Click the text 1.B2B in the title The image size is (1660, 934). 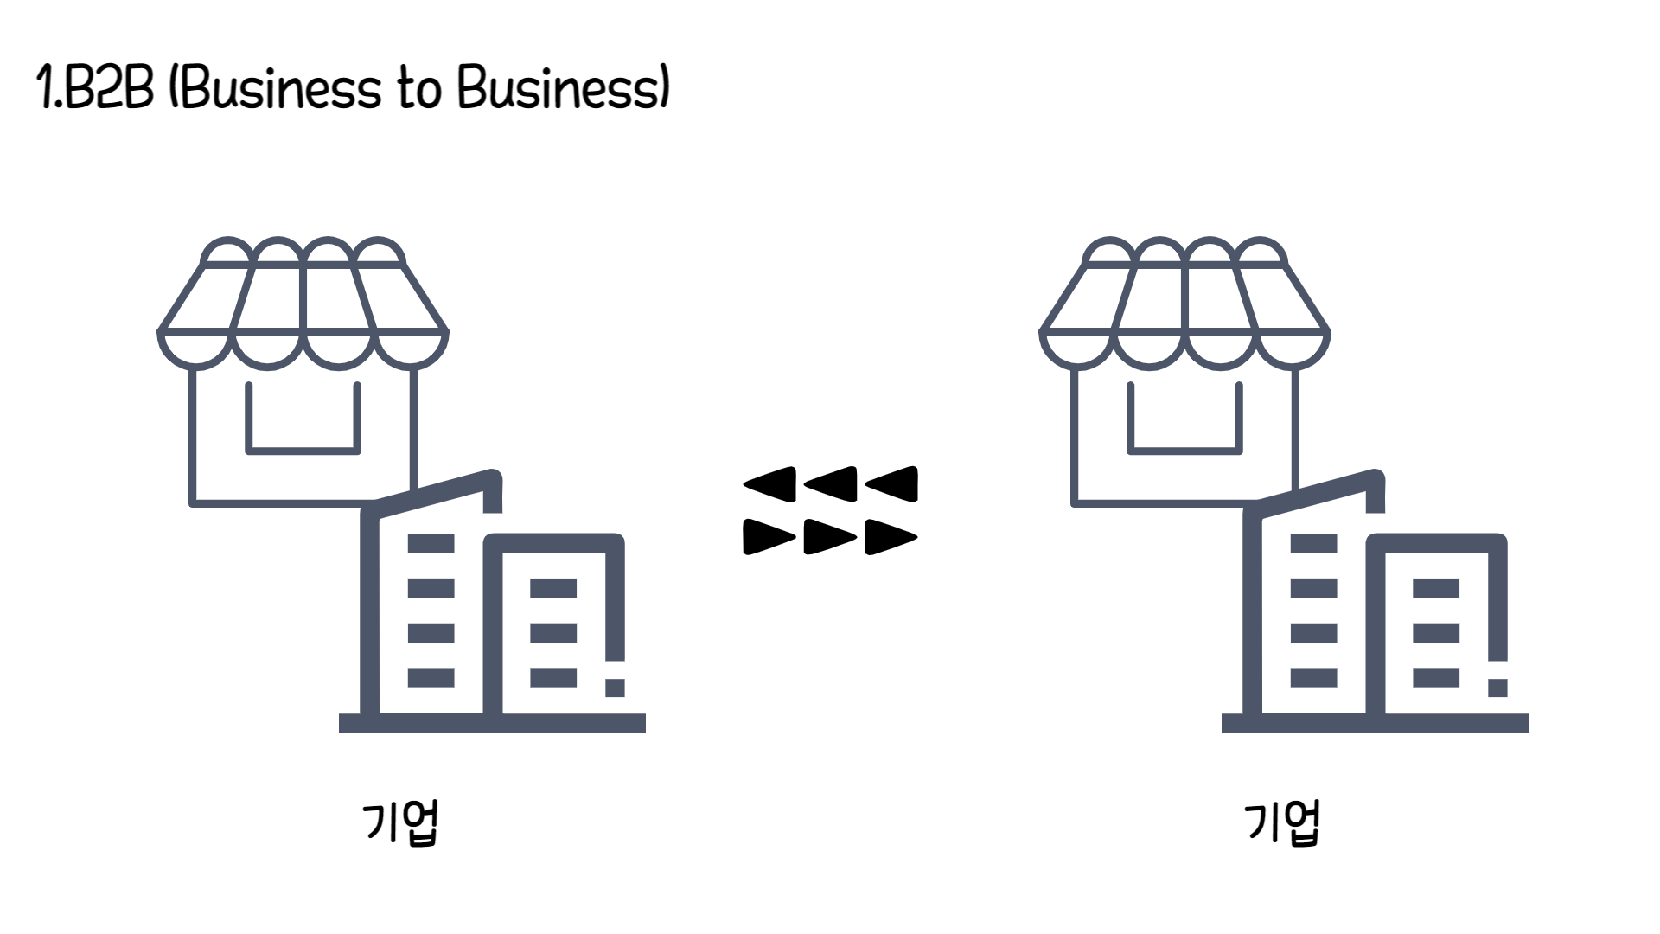95,88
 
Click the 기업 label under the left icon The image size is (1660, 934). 401,822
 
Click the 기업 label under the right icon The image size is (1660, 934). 1282,822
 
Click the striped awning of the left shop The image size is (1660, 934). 303,298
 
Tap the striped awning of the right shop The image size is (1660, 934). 1184,298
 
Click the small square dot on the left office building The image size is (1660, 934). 615,688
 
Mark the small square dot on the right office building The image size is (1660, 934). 1497,688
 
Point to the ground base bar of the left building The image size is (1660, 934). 492,723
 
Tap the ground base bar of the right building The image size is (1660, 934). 1375,723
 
